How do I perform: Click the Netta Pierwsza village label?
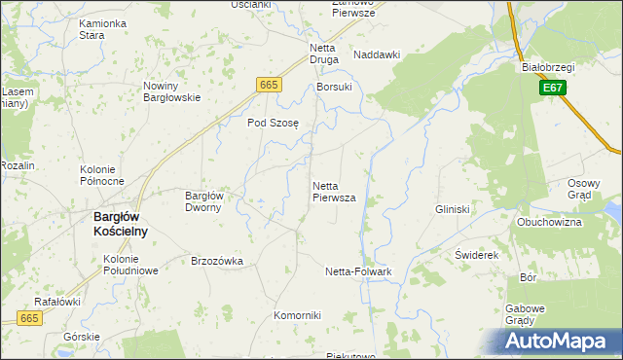(334, 191)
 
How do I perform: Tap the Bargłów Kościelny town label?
(120, 224)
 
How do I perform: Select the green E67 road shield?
(552, 89)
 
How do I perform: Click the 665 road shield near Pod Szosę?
(270, 86)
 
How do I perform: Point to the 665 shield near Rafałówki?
(29, 318)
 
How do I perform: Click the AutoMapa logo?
(556, 342)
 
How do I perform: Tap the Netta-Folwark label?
(358, 271)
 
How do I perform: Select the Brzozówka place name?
(217, 261)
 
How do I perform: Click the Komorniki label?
(297, 315)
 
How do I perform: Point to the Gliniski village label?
(454, 209)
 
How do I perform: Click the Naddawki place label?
(377, 55)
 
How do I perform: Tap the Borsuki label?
(334, 87)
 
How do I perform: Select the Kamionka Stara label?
(104, 28)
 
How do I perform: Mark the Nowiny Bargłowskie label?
(171, 91)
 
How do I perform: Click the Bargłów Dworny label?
(204, 200)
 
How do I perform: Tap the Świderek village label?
(477, 254)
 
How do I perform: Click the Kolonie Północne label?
(101, 175)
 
